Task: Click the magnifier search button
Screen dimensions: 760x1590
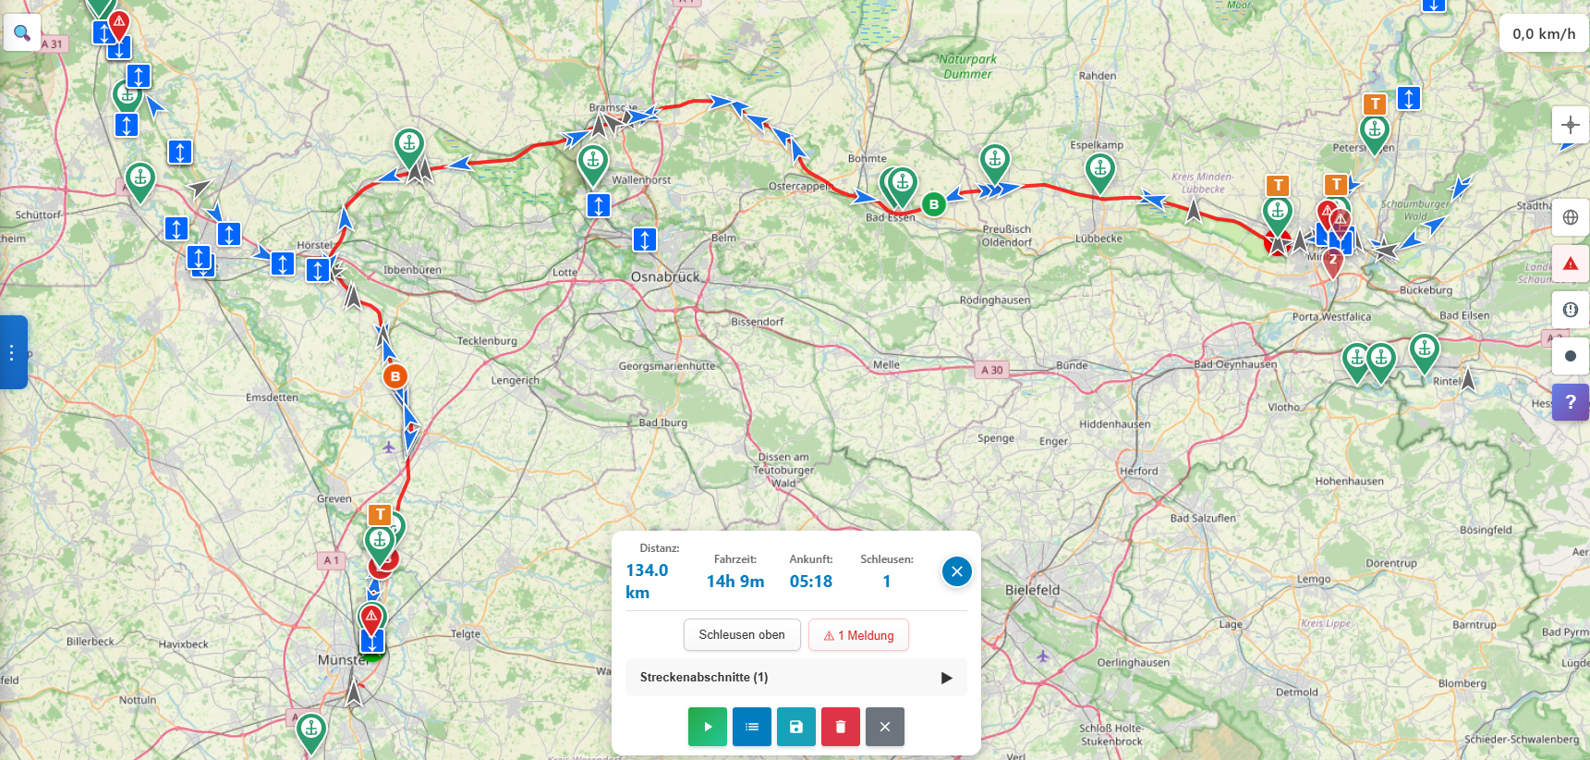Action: pos(22,33)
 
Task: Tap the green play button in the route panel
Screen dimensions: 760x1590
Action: pos(708,727)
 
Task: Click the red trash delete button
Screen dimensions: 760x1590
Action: pos(841,727)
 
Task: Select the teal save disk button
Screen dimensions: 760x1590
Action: pos(796,727)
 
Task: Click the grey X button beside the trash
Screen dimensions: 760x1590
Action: pos(885,727)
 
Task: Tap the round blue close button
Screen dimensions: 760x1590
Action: pos(957,571)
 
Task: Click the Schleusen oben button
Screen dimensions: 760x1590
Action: pos(742,635)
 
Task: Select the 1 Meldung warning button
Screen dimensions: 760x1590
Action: pos(858,635)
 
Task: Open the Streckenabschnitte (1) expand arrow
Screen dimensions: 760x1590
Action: pos(946,678)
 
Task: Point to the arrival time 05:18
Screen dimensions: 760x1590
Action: pos(811,582)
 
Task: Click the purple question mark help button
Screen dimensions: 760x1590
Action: pos(1571,402)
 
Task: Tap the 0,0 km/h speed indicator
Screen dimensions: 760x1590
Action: pos(1544,34)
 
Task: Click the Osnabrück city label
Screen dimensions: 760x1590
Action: pos(665,276)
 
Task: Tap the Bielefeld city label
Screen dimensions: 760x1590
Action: pos(1032,590)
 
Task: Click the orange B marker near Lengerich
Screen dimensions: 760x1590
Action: pos(395,376)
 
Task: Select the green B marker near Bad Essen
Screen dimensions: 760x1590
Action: pos(934,204)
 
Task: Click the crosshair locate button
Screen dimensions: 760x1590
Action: pos(1571,125)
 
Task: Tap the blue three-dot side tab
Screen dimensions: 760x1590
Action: pos(12,352)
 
